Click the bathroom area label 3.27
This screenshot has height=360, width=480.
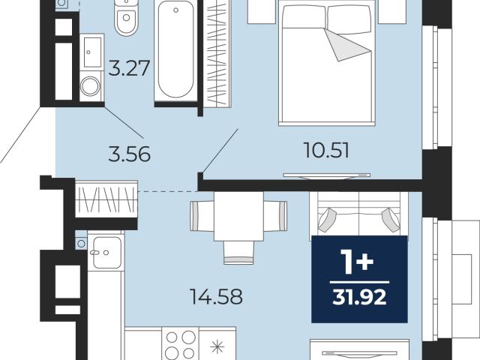tap(130, 68)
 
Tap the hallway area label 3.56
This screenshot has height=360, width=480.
tap(130, 154)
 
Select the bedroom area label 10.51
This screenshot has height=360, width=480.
tap(326, 151)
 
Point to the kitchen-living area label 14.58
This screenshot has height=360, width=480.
tap(217, 297)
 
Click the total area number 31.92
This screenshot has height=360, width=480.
tap(359, 297)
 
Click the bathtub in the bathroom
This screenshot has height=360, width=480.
tap(175, 49)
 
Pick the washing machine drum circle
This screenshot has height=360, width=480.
tap(90, 86)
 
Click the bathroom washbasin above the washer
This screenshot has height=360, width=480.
tap(92, 52)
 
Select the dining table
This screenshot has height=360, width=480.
tap(238, 216)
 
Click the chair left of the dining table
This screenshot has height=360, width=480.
tap(202, 216)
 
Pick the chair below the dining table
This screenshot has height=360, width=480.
tap(238, 252)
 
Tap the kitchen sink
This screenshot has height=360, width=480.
tap(106, 253)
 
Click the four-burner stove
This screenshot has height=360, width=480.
tap(181, 343)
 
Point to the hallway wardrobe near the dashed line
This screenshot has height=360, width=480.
tap(106, 199)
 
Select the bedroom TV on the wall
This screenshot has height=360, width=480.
tap(327, 175)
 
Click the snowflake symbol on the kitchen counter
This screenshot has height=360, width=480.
tap(217, 347)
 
